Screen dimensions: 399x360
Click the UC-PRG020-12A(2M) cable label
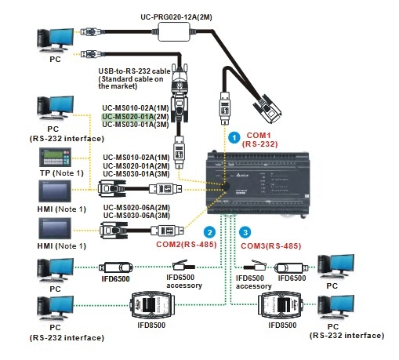click(176, 17)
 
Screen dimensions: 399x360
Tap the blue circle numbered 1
click(234, 137)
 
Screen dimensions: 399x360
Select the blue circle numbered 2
click(209, 232)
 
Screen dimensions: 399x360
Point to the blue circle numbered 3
click(245, 232)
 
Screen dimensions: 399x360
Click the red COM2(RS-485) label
click(187, 245)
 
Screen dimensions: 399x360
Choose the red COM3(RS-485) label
click(271, 246)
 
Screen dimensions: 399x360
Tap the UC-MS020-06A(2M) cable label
click(136, 208)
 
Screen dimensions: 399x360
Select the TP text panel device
click(55, 157)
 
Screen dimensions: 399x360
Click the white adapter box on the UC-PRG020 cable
click(174, 32)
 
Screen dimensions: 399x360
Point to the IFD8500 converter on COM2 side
click(151, 304)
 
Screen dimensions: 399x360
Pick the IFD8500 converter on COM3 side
click(281, 304)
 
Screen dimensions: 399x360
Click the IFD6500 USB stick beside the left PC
click(116, 267)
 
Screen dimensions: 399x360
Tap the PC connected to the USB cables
click(56, 40)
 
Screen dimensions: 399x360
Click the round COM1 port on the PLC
click(225, 186)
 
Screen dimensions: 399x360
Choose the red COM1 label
click(259, 135)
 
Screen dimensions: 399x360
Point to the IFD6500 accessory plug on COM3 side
click(255, 265)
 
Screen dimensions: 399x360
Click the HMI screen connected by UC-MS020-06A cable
click(55, 228)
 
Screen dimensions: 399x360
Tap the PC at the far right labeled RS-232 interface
click(336, 307)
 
